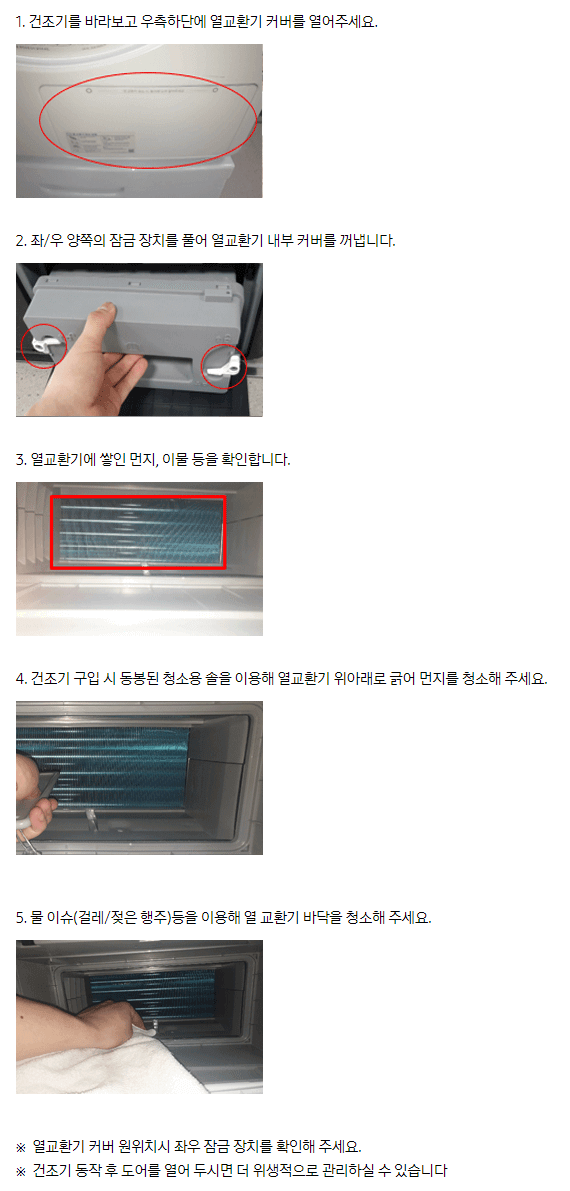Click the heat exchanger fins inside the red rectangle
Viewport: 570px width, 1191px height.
click(138, 532)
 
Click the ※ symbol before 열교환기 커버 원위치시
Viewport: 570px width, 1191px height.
click(21, 1145)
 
